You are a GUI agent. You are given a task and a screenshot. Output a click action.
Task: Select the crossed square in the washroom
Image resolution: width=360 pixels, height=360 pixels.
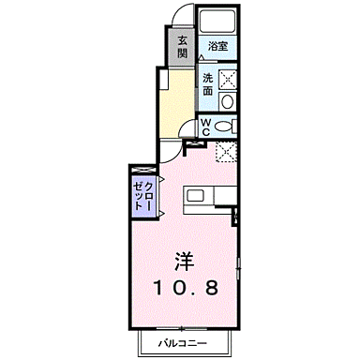(x=228, y=79)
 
